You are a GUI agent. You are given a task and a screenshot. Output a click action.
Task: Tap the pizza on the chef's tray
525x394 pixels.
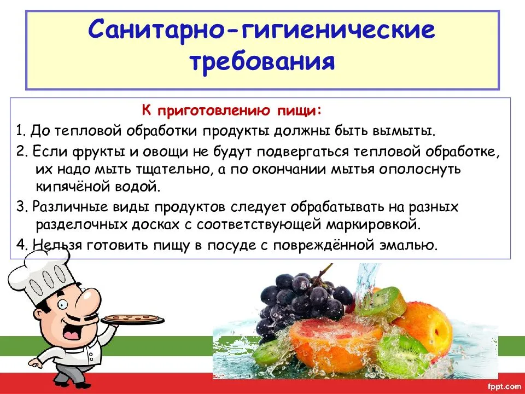pos(132,318)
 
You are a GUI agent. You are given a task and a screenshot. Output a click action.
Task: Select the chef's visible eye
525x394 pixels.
pos(62,304)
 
